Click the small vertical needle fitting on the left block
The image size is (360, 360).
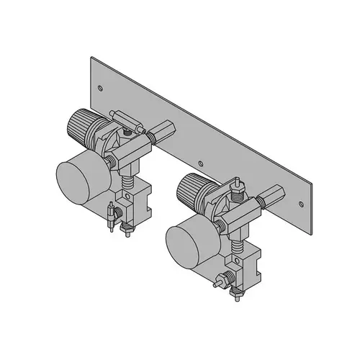point(110,216)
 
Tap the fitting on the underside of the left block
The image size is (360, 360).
point(129,230)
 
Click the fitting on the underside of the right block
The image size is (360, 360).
point(238,293)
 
